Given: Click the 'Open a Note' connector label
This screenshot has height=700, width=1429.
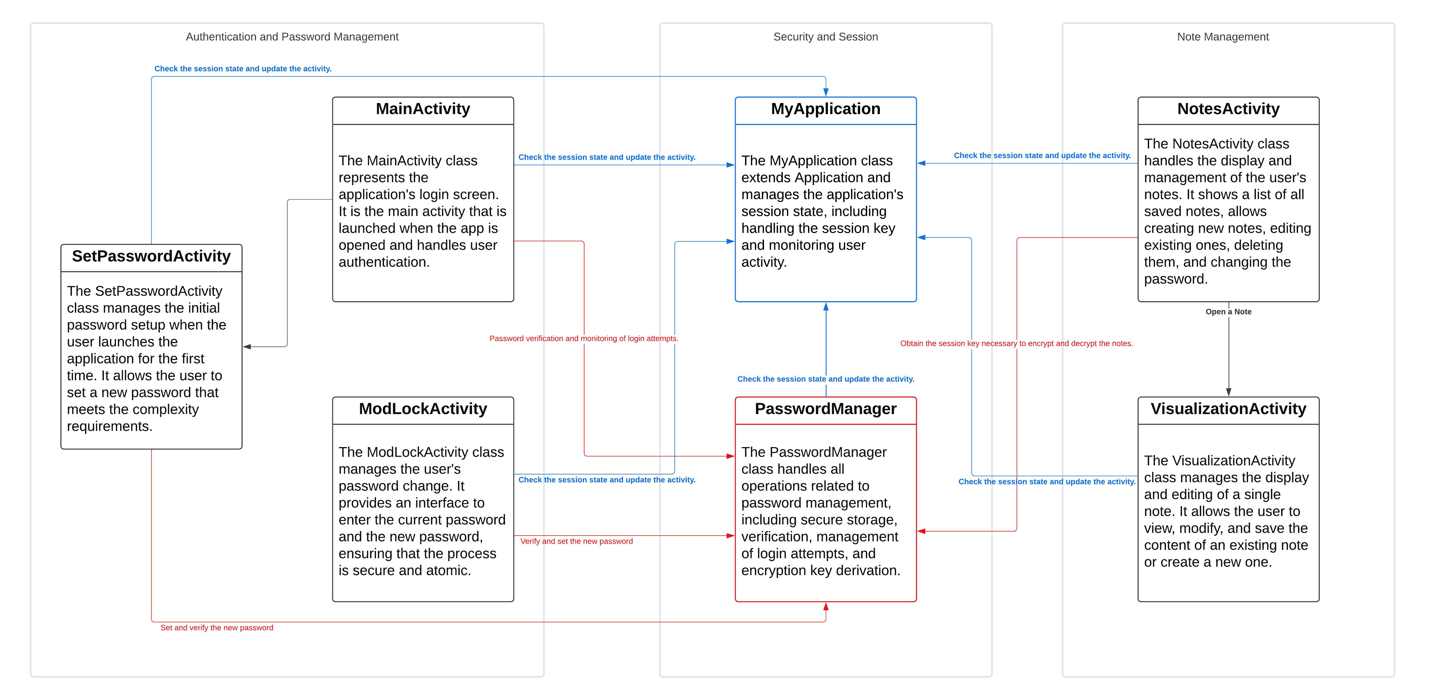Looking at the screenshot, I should [1228, 311].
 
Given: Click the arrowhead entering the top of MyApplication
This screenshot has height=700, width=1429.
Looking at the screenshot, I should [825, 92].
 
